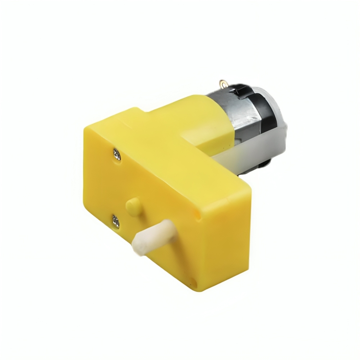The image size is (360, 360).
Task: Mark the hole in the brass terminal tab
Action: (223, 83)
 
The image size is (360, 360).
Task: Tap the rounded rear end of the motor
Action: (281, 120)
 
